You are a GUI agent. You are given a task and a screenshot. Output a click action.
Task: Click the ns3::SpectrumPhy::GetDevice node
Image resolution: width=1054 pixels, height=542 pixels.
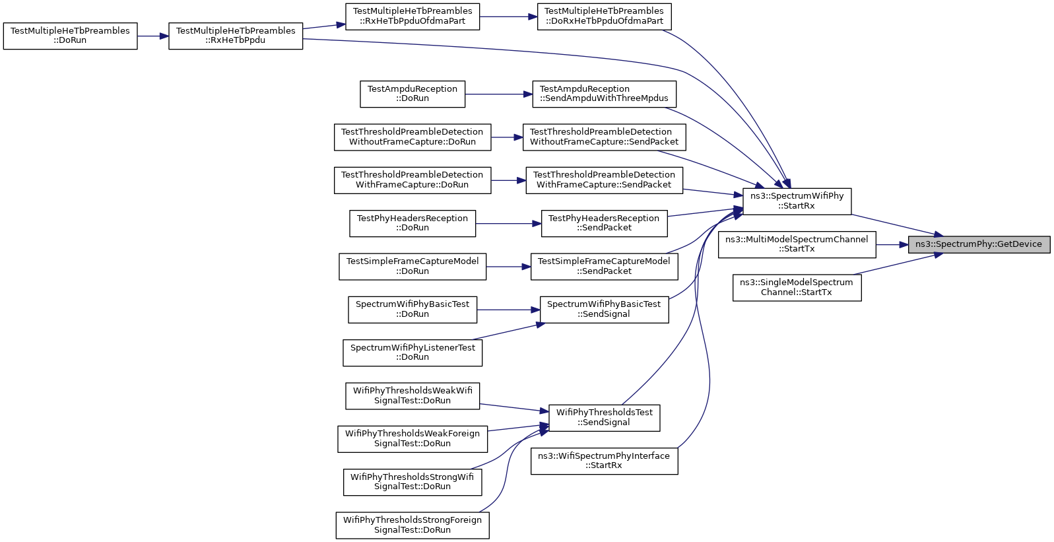coord(979,245)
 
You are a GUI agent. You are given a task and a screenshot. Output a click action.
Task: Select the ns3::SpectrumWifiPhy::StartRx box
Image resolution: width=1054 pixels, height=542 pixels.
coord(797,201)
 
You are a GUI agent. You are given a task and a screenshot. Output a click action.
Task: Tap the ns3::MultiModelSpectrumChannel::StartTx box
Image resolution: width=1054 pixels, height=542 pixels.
coord(797,245)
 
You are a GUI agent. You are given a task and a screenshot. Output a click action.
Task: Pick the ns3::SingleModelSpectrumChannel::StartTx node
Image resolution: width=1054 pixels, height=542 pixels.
coord(797,287)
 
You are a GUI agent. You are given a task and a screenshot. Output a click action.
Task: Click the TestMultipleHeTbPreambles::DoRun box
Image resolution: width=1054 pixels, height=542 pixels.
coord(70,36)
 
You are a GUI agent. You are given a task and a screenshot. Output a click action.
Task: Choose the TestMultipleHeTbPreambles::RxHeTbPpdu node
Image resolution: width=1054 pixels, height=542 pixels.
coord(235,36)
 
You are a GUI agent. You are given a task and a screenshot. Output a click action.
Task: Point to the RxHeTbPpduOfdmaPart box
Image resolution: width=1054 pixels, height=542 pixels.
coord(412,17)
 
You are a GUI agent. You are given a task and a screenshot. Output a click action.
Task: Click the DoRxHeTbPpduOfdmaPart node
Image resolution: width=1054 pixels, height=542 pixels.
coord(604,17)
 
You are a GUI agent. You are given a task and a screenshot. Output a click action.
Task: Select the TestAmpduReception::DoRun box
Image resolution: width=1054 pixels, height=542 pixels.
coord(412,94)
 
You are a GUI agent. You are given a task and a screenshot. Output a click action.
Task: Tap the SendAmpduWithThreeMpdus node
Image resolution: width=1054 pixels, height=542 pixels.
coord(604,94)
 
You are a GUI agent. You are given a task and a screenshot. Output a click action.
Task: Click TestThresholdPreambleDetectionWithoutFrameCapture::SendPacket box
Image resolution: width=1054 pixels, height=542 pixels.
coord(604,137)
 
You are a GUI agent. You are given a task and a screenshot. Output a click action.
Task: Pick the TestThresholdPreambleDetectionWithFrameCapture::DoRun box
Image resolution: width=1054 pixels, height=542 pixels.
coord(412,180)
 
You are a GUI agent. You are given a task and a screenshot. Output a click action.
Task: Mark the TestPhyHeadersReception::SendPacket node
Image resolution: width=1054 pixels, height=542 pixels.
coord(604,223)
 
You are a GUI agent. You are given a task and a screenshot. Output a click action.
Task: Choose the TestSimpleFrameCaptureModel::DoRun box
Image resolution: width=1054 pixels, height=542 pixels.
coord(412,266)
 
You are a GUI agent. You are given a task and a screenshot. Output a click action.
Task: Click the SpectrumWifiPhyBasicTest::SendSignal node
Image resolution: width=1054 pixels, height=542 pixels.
coord(604,309)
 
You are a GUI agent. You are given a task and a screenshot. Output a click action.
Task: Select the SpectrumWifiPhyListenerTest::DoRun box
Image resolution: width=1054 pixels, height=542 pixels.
coord(412,353)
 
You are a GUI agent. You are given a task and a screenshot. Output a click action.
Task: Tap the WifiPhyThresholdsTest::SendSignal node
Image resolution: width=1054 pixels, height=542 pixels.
coord(604,417)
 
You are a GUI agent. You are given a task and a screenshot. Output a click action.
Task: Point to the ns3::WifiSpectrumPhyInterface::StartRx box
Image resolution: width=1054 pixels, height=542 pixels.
coord(604,461)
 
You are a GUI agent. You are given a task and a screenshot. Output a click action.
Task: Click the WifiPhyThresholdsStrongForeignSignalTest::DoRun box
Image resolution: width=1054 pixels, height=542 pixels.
coord(412,525)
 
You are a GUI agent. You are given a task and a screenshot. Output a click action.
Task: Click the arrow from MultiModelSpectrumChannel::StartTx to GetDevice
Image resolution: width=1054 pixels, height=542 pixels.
coord(892,245)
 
